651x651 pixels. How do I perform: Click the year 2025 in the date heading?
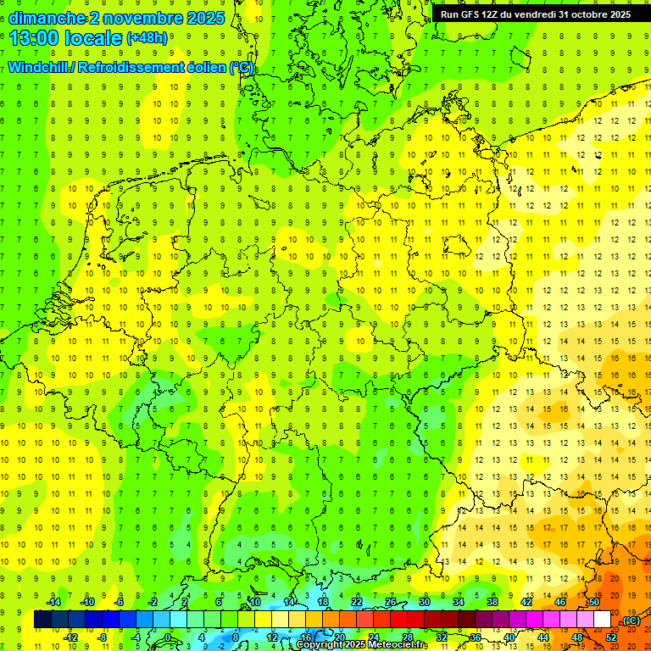(x=204, y=18)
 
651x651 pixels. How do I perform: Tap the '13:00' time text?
(x=34, y=38)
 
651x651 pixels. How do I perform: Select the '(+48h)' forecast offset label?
(x=147, y=38)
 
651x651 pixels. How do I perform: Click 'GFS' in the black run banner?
(x=476, y=14)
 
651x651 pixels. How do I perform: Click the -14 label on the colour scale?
(x=54, y=602)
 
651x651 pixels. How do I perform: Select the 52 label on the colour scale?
(x=611, y=637)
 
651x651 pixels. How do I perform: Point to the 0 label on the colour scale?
(x=167, y=637)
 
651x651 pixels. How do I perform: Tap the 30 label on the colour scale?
(x=424, y=602)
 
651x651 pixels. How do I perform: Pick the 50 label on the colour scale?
(x=593, y=602)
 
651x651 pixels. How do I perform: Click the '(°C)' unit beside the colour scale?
(x=631, y=620)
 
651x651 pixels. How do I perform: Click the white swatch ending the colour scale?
(x=602, y=620)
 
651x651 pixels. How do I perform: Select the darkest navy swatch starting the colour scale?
(x=42, y=620)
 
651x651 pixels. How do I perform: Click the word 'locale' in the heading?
(x=96, y=38)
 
